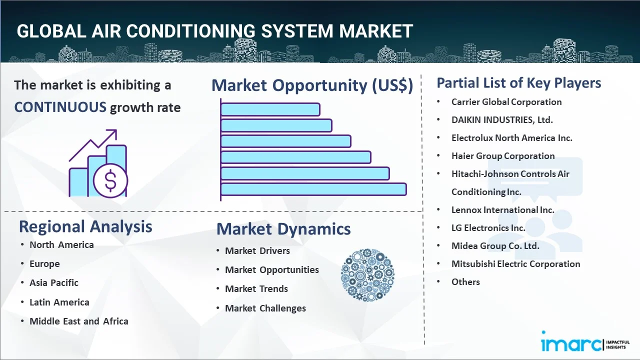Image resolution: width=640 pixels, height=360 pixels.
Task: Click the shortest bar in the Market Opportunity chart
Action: pos(270,109)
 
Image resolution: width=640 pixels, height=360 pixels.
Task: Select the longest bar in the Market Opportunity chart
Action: pos(313,189)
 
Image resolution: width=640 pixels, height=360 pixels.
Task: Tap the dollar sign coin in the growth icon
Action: pos(110,180)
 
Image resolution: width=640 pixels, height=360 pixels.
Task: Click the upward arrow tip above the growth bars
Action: pos(114,131)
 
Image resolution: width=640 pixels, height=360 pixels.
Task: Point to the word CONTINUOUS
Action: pos(60,107)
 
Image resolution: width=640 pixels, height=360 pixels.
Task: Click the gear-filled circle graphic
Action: pos(367,275)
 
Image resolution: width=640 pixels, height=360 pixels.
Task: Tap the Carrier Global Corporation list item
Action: pos(506,102)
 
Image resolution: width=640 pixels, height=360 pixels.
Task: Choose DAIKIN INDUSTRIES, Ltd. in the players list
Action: pos(502,120)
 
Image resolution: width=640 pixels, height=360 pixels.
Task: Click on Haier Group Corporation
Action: pos(503,156)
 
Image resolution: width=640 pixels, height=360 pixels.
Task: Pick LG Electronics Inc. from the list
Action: pos(488,227)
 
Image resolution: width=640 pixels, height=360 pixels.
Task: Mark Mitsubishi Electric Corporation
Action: pos(515,263)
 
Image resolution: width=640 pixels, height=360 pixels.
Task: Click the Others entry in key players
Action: pos(465,281)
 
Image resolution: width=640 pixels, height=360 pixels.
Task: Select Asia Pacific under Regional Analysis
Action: pos(54,283)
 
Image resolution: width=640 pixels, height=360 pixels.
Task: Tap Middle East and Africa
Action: pos(79,321)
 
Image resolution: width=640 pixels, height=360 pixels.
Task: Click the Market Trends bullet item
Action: pos(256,289)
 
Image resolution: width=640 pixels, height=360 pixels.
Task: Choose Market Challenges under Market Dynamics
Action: pos(265,308)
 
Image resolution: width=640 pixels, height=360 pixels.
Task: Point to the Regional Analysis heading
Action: pos(85,227)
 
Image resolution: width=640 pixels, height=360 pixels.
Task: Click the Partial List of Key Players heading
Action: pos(519,83)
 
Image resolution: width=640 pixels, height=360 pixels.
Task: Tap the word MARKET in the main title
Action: pos(375,31)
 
